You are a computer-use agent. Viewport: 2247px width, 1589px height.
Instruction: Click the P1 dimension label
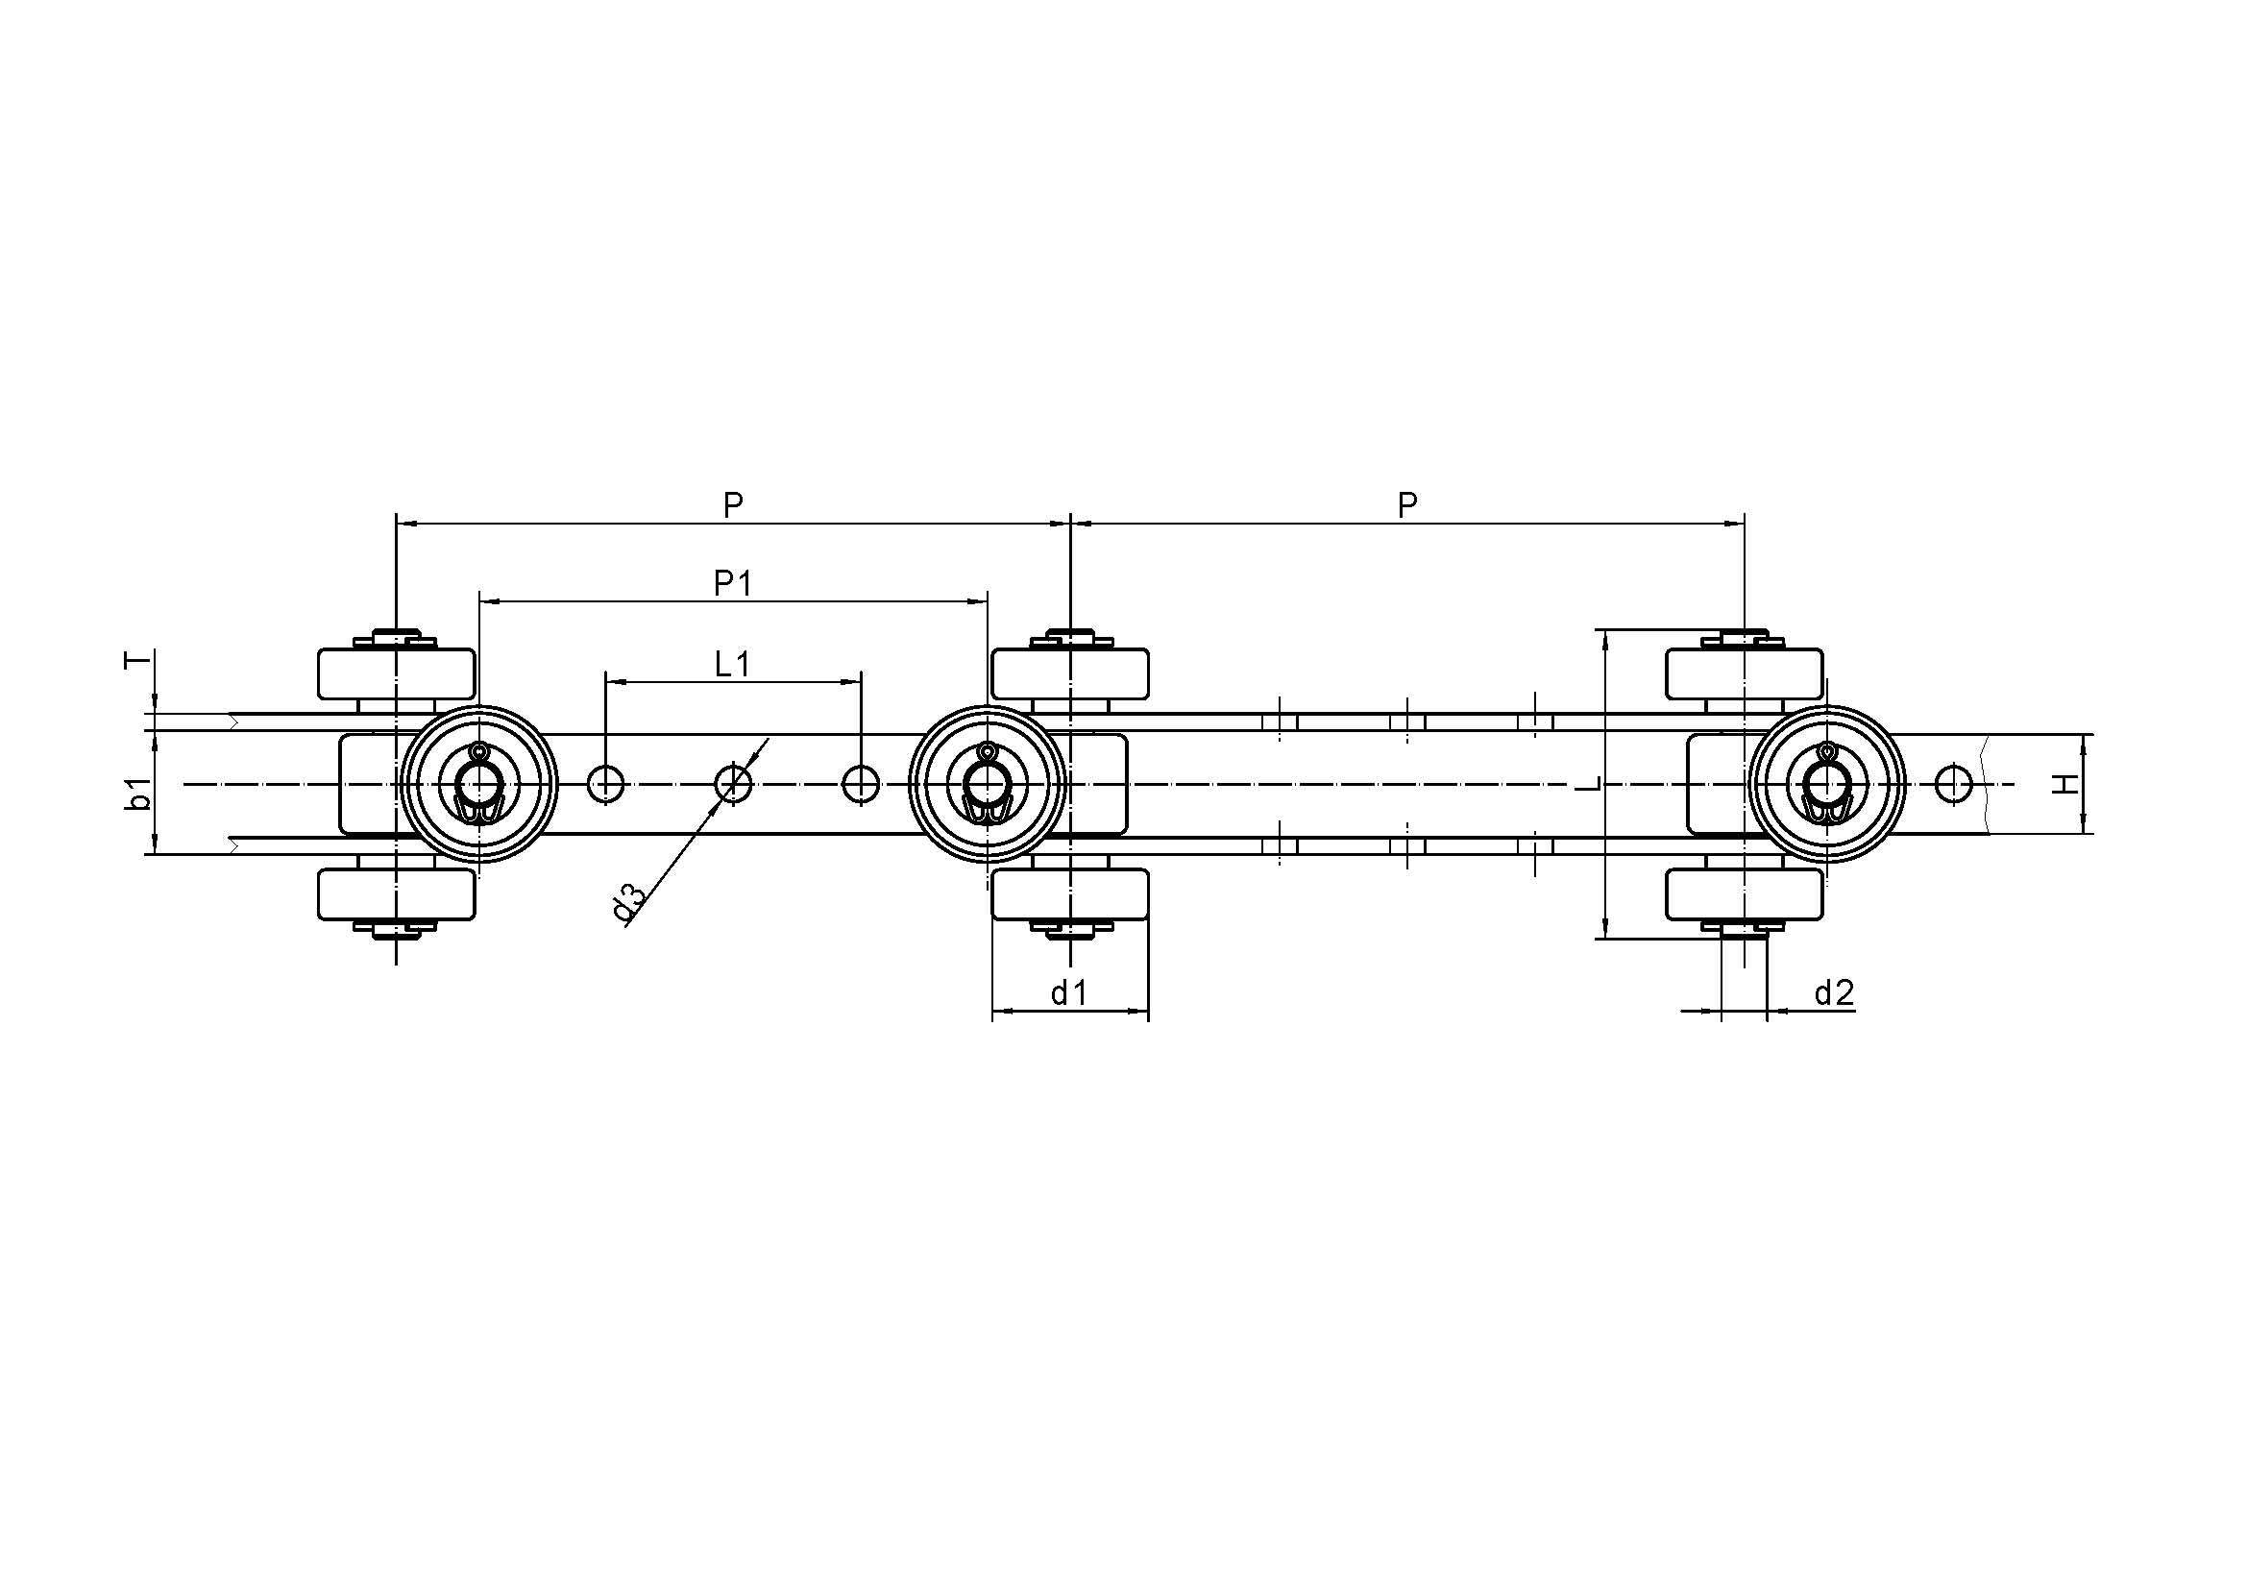pyautogui.click(x=732, y=584)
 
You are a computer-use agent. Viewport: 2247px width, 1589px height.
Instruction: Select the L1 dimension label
pyautogui.click(x=732, y=665)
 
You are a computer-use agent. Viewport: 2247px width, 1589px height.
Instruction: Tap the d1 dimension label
pyautogui.click(x=1068, y=994)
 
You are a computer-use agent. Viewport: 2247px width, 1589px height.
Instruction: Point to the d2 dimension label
pyautogui.click(x=1834, y=994)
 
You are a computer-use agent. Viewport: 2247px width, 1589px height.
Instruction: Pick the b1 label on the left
pyautogui.click(x=140, y=794)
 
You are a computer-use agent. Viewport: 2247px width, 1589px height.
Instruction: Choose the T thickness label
pyautogui.click(x=139, y=661)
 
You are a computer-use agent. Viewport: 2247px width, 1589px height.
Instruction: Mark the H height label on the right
pyautogui.click(x=2064, y=784)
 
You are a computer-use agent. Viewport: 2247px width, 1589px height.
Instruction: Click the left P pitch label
pyautogui.click(x=733, y=505)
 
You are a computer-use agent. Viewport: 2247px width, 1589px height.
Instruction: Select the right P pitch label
pyautogui.click(x=1407, y=505)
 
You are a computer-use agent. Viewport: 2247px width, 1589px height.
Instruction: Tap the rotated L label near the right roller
pyautogui.click(x=1591, y=784)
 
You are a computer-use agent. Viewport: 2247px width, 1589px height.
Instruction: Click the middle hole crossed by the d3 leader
pyautogui.click(x=733, y=784)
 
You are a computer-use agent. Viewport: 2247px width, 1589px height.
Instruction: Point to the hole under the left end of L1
pyautogui.click(x=606, y=784)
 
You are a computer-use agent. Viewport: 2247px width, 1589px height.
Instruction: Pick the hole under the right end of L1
pyautogui.click(x=861, y=784)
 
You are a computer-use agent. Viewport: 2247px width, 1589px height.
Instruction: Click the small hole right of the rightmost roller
pyautogui.click(x=1953, y=784)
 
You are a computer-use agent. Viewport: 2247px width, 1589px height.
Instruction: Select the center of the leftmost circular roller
pyautogui.click(x=479, y=784)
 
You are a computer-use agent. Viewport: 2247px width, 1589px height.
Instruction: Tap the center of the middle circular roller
pyautogui.click(x=988, y=784)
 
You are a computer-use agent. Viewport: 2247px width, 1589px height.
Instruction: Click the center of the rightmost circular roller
pyautogui.click(x=1826, y=784)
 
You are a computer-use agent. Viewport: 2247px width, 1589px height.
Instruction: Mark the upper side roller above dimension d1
pyautogui.click(x=1070, y=673)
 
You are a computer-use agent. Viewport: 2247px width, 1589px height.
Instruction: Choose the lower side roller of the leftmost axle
pyautogui.click(x=397, y=894)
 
